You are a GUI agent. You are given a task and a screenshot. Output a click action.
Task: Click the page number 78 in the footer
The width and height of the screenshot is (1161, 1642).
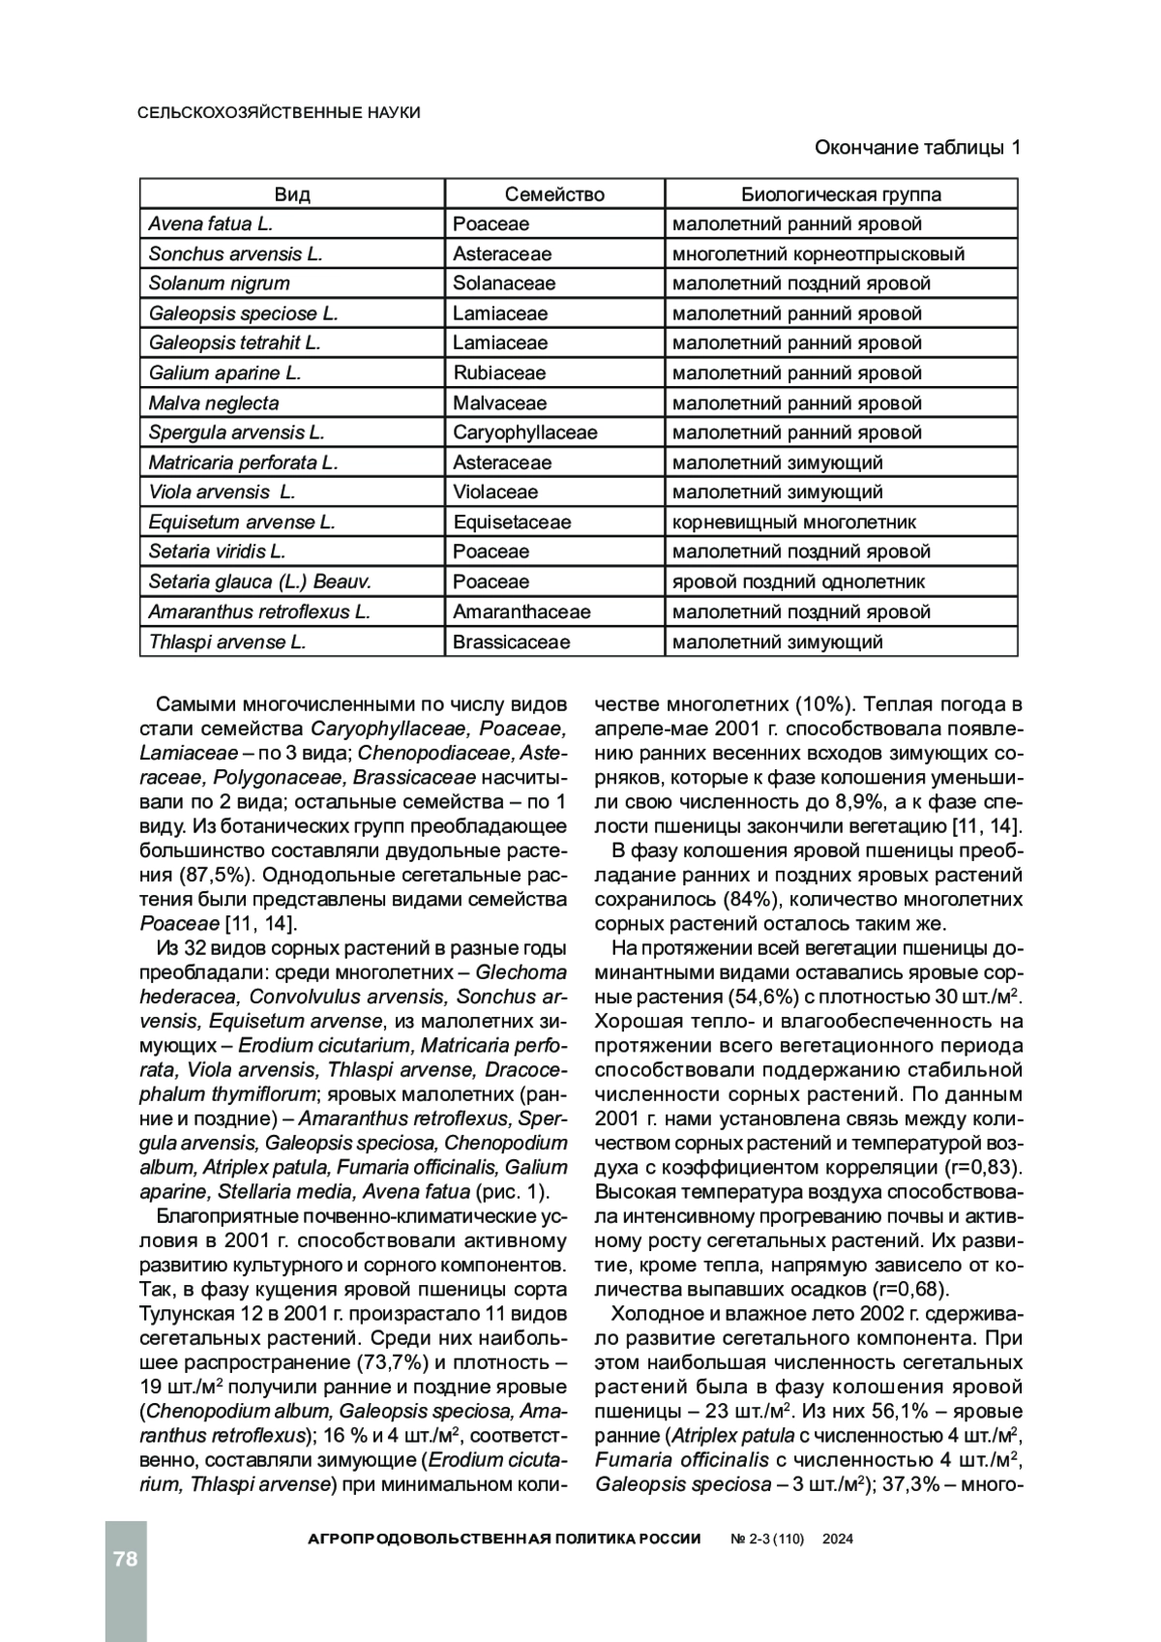126,1559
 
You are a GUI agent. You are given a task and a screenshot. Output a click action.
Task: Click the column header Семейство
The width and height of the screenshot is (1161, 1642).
554,194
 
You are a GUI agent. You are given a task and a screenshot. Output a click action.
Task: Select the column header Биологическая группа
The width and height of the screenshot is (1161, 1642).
841,194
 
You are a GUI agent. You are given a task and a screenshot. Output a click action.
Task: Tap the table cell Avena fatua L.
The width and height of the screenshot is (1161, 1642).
211,224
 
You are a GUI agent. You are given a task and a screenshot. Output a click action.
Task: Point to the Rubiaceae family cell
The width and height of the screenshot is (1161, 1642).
499,373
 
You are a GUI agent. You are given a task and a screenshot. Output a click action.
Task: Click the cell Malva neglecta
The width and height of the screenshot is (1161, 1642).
214,403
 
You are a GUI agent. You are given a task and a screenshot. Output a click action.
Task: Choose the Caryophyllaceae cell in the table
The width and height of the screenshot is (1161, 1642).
524,433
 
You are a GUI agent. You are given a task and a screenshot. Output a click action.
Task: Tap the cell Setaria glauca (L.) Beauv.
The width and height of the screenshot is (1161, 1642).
260,582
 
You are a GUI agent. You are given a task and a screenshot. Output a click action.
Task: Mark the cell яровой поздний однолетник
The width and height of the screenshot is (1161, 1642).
798,582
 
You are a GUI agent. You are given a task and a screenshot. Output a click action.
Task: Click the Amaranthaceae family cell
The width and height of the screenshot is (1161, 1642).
521,612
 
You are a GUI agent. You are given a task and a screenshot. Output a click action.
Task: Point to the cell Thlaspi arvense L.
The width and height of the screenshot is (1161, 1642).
227,642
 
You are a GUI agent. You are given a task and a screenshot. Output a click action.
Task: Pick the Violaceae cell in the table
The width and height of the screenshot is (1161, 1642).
495,493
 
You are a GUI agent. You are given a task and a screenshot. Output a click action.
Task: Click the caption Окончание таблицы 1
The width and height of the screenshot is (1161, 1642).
917,148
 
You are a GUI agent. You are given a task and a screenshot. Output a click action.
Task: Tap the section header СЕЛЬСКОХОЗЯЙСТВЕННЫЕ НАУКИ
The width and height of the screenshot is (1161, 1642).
280,113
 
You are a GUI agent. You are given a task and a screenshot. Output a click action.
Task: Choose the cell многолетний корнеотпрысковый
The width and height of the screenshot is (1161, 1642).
819,254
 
